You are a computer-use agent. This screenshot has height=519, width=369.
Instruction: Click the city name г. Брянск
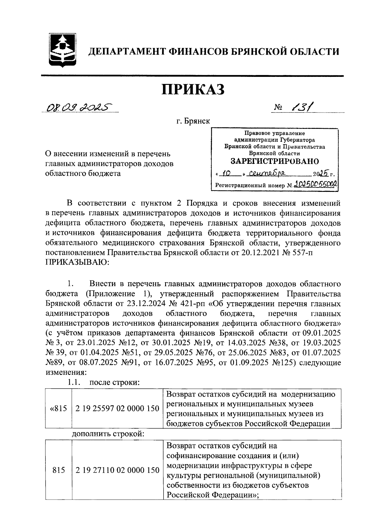point(193,121)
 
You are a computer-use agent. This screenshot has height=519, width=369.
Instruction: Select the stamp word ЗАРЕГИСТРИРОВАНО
point(275,161)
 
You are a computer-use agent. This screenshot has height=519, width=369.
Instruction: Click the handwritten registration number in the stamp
point(315,184)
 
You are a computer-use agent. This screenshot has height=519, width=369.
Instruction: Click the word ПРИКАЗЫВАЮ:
point(77,262)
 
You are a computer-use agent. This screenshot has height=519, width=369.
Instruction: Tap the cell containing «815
point(58,409)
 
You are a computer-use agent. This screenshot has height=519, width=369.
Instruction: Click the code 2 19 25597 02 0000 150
point(117,409)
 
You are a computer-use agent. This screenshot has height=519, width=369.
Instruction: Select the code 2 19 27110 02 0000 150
point(117,470)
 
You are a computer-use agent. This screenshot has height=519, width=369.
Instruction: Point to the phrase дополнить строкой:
point(108,434)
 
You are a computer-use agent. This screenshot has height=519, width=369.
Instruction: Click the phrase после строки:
point(114,383)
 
